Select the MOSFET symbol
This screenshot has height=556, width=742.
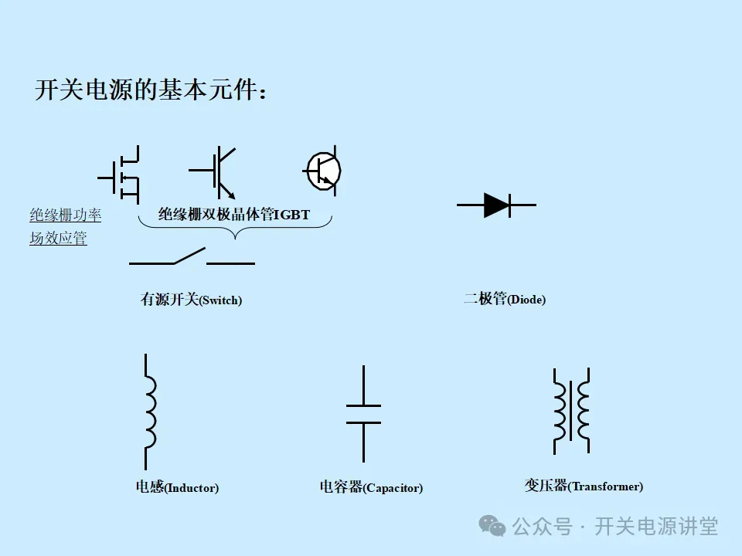click(x=121, y=177)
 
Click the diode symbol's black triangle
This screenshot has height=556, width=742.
click(x=495, y=205)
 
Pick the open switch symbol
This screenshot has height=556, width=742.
click(x=191, y=258)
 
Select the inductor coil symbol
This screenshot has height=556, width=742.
click(x=148, y=402)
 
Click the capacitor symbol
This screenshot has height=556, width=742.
click(x=363, y=414)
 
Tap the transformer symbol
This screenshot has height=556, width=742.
click(x=571, y=410)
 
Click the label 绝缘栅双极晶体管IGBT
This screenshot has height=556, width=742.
click(x=234, y=215)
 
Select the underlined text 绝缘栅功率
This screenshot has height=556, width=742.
click(x=66, y=215)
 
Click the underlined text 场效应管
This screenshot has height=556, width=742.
click(x=58, y=239)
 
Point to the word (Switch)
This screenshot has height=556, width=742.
click(x=220, y=301)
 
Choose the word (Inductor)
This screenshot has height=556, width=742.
click(x=192, y=488)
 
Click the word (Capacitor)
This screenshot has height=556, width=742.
click(x=393, y=488)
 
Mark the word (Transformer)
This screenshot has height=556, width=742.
click(x=605, y=486)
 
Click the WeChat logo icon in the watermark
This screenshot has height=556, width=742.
click(x=492, y=526)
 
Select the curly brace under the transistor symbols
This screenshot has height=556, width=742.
click(x=235, y=226)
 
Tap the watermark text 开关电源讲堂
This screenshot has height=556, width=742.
click(x=656, y=527)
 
